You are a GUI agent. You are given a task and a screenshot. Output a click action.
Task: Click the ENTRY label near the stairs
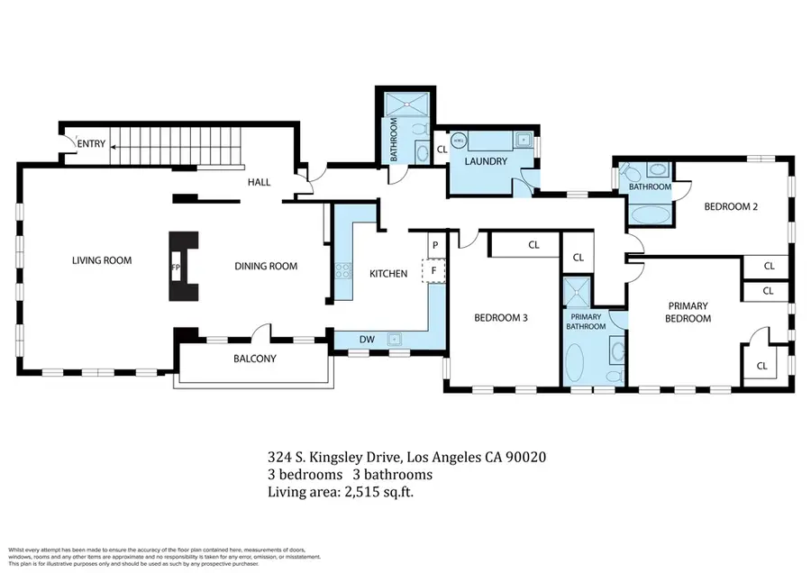91,144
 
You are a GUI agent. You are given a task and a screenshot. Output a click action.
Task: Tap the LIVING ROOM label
102,261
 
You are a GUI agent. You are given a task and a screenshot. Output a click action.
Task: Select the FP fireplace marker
177,268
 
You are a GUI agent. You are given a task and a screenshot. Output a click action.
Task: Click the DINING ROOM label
266,266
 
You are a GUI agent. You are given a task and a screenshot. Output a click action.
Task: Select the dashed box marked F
434,269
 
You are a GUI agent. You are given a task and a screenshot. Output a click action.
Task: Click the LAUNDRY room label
486,162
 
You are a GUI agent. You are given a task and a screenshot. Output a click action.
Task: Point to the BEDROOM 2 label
731,206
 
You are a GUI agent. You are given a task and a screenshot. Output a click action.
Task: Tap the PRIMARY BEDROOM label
688,312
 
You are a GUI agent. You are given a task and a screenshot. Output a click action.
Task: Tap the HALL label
260,183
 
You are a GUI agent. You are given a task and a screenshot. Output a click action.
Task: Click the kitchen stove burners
342,268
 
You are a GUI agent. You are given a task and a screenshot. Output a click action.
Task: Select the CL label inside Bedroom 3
533,244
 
